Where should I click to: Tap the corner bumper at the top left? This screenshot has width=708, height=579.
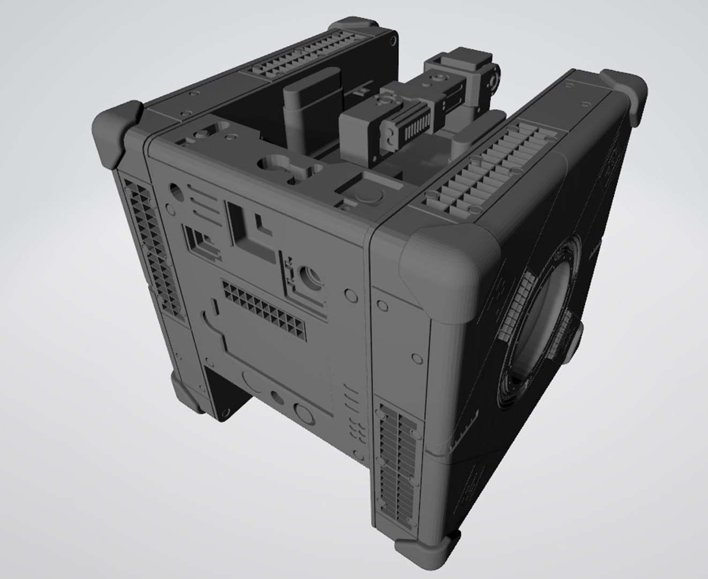pos(119,131)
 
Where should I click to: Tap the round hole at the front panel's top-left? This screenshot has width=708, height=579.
pos(176,189)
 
